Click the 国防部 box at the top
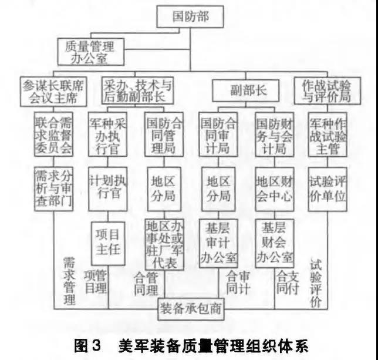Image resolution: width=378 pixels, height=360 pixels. tap(190, 16)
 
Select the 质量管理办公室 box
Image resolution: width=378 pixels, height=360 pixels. tap(90, 52)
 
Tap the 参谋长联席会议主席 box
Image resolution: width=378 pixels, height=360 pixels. tap(53, 92)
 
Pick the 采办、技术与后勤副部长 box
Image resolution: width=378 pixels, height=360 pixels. tap(137, 90)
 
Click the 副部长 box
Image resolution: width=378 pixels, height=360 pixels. tap(246, 90)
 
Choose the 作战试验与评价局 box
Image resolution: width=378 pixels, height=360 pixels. tap(328, 90)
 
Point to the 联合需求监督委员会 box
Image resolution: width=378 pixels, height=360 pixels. tap(53, 134)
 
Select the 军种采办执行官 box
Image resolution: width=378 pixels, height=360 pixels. tap(107, 134)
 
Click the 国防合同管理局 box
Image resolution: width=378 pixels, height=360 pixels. tap(164, 134)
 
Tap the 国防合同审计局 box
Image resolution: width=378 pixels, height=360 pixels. tap(218, 134)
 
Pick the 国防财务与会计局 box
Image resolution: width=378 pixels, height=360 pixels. tap(275, 134)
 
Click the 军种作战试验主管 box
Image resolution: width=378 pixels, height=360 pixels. tap(328, 134)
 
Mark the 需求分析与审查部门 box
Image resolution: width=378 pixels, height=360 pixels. tap(53, 189)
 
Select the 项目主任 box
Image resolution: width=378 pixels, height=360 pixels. tap(108, 244)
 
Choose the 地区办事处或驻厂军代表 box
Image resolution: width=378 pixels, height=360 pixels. tap(164, 244)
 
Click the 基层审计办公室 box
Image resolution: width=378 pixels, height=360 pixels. tap(218, 243)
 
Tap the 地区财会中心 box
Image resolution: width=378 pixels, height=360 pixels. tap(275, 189)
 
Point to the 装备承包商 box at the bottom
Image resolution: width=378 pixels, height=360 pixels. tap(191, 309)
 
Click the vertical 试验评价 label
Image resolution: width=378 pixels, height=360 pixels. tap(316, 284)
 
